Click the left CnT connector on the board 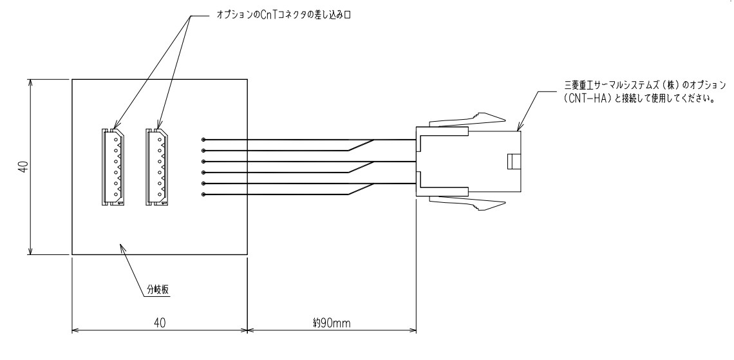coord(111,167)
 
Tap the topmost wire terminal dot coord(203,140)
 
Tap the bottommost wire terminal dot coord(203,194)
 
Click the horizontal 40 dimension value coord(159,322)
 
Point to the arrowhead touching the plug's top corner coord(520,129)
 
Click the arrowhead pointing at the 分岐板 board coord(123,247)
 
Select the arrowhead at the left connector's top coord(115,126)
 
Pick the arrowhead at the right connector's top coord(158,126)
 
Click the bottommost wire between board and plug coord(290,194)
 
